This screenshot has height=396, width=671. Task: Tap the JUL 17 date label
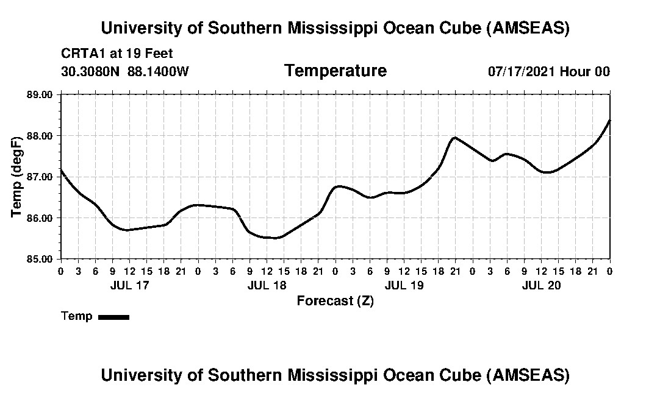(129, 285)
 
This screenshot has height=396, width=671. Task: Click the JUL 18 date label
(267, 285)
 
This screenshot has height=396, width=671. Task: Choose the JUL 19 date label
(404, 285)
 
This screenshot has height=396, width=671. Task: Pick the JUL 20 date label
(542, 285)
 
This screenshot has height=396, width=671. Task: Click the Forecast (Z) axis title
(335, 301)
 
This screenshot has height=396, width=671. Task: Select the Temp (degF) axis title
(17, 177)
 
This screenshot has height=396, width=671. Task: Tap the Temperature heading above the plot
(335, 71)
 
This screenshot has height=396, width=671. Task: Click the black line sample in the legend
(113, 317)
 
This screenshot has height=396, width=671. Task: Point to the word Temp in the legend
(77, 316)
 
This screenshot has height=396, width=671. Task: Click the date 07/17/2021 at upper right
(522, 72)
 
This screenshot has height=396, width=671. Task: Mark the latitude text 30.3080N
(91, 72)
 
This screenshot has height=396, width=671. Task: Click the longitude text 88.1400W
(159, 72)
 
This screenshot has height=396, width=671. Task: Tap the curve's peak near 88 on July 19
(454, 137)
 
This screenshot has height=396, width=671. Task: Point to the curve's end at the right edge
(610, 120)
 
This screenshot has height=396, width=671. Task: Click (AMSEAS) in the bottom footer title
(528, 375)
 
